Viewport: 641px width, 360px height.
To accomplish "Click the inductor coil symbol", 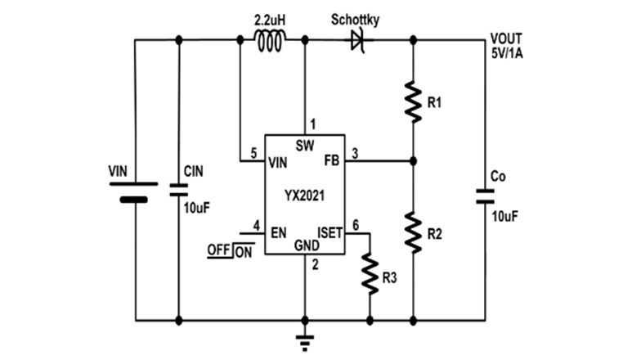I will click(271, 40).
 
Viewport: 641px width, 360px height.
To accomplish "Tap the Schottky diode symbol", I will click(357, 39).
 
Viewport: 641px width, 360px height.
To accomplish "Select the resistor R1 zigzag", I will click(413, 101).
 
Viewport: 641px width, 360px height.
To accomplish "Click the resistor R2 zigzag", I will click(413, 232).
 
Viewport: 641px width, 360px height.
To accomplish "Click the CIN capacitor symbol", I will click(179, 190).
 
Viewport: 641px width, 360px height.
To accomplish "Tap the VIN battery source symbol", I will click(134, 191).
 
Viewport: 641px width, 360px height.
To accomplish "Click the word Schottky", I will click(356, 17).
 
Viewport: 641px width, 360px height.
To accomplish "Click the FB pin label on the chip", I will click(333, 161).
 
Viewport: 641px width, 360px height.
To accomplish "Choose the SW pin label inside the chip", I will click(304, 145).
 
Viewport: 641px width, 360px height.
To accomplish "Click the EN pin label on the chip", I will click(278, 232).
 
